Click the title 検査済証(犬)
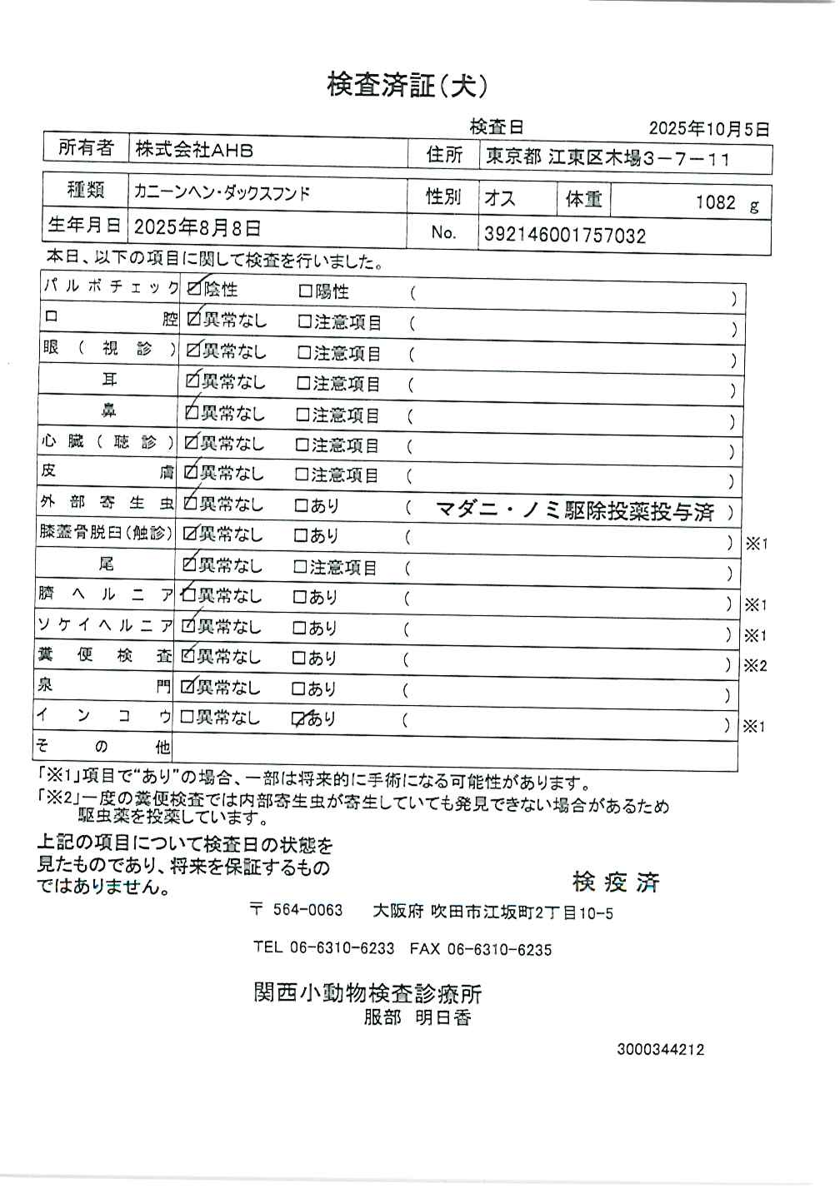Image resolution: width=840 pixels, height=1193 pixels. coord(407,86)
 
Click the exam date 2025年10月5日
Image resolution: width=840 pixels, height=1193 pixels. coord(708,129)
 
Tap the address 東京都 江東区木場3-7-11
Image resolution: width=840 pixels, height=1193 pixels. coord(608,158)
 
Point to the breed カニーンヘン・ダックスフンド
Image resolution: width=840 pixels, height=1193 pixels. coord(222,193)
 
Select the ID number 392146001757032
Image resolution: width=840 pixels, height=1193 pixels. coord(564,236)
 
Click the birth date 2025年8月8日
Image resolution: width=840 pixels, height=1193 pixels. coord(197,226)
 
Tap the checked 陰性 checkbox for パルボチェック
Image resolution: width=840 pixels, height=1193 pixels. coord(194,290)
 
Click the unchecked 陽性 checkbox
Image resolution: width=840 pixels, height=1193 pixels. coord(305,291)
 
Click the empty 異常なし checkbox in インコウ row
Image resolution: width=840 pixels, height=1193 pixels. coord(187,717)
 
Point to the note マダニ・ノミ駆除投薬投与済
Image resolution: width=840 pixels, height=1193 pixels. coord(575,511)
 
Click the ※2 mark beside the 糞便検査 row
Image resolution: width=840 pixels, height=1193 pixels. coord(755,665)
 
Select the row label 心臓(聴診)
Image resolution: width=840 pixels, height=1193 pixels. coord(108,442)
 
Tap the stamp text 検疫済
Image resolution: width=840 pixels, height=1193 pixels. coord(616,882)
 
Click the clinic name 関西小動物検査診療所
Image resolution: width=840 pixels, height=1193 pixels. coord(367,993)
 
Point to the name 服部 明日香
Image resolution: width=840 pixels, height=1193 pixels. coord(417,1017)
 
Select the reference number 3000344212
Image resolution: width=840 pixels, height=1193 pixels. coord(660,1049)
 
